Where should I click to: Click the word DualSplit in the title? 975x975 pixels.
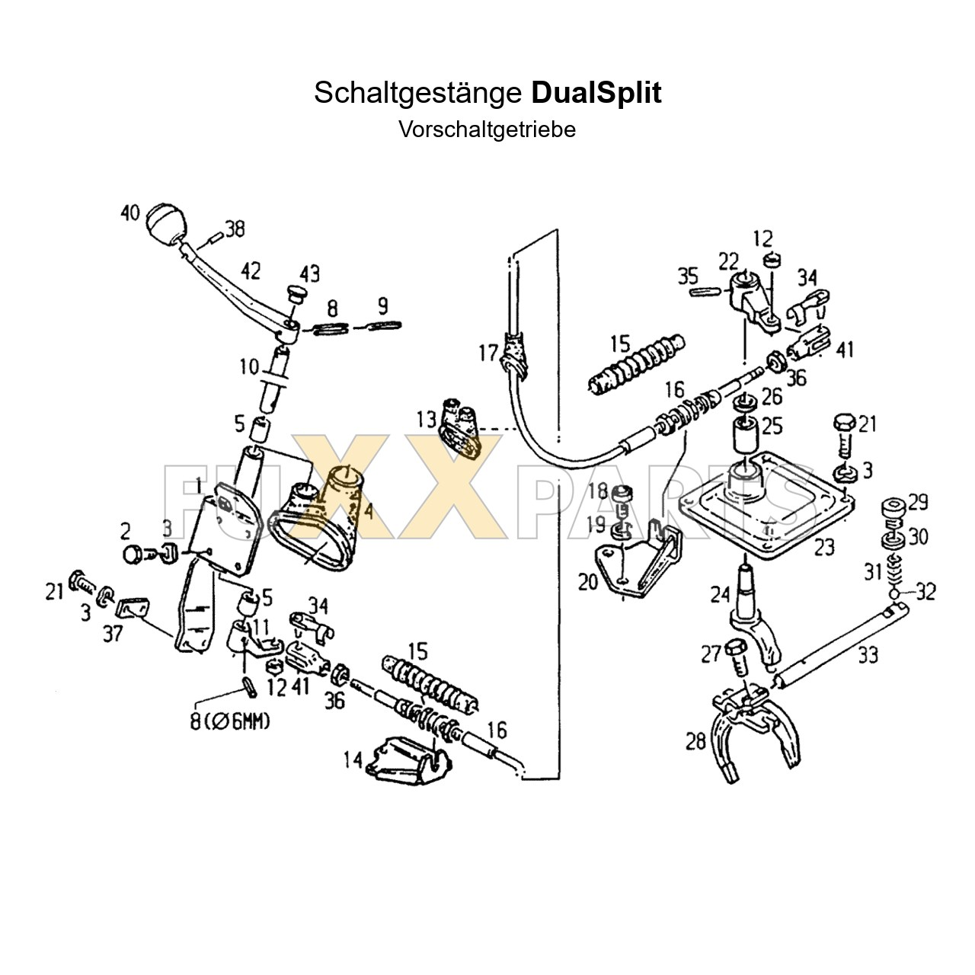pyautogui.click(x=596, y=93)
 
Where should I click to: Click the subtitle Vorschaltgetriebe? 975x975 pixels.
pyautogui.click(x=487, y=129)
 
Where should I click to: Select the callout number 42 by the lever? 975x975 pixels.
pyautogui.click(x=251, y=272)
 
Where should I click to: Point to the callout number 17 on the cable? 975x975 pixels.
pyautogui.click(x=487, y=353)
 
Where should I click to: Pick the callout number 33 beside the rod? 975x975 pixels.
pyautogui.click(x=868, y=654)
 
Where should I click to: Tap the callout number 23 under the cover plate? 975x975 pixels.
pyautogui.click(x=824, y=546)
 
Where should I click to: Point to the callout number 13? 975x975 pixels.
pyautogui.click(x=426, y=419)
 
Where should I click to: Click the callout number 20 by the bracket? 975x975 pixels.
pyautogui.click(x=588, y=583)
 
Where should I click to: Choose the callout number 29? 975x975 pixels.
pyautogui.click(x=918, y=502)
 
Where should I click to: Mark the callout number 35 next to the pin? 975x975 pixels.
pyautogui.click(x=688, y=275)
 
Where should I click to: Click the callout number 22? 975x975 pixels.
pyautogui.click(x=728, y=261)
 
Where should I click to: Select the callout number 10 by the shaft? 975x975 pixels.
pyautogui.click(x=249, y=366)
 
